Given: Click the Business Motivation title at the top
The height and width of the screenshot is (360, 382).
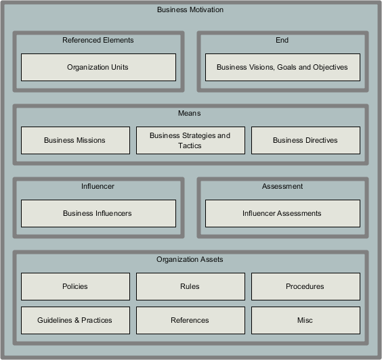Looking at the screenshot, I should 190,10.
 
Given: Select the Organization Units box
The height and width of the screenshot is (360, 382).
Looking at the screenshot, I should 98,67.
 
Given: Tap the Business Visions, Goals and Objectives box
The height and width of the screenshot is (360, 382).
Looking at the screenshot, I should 282,67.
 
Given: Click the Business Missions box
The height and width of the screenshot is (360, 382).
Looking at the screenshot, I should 75,140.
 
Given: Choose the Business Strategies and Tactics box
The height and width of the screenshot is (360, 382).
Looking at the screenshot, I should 190,140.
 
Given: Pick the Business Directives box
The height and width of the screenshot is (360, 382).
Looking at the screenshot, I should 305,140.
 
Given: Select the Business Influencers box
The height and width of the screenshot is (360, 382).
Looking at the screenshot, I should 98,213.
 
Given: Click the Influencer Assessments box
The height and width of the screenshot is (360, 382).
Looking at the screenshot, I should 282,213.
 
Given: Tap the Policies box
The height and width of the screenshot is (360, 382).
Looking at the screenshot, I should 75,286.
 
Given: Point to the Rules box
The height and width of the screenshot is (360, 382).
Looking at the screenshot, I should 190,286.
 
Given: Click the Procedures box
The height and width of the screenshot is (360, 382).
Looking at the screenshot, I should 305,286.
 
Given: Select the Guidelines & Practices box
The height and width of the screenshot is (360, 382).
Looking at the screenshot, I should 75,320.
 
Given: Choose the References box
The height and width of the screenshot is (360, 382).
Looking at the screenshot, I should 190,320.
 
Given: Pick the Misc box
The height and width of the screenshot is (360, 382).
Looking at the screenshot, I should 305,320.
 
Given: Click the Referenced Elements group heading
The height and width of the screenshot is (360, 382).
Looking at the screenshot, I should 98,40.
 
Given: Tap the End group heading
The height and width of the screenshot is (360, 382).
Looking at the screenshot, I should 282,40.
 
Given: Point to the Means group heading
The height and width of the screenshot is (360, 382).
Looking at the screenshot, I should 190,113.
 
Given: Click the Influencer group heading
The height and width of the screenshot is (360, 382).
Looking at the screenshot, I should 98,186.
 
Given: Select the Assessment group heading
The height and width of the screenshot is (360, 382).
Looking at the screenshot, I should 282,186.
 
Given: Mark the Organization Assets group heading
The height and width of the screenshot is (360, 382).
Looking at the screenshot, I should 190,259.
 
